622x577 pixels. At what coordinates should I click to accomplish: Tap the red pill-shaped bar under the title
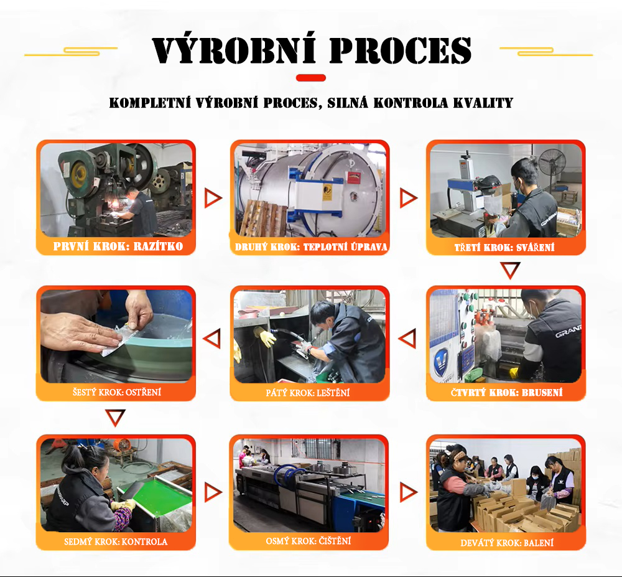311,78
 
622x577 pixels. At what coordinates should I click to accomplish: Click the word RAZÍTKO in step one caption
158,246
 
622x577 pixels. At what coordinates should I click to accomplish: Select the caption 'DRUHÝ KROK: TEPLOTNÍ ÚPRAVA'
311,247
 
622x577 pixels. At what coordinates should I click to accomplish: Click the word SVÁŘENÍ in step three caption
535,248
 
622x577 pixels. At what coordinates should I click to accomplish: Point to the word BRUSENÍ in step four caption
542,393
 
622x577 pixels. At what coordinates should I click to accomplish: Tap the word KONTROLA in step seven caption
144,542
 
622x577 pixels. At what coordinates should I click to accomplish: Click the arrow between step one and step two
213,198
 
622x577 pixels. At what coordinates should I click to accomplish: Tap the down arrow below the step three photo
510,270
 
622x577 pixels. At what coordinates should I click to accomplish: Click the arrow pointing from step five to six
212,339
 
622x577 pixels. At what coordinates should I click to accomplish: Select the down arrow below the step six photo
116,418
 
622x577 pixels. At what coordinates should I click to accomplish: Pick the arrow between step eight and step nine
408,492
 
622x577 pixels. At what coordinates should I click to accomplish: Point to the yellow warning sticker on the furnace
327,192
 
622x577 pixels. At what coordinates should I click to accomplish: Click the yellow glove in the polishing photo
264,337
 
